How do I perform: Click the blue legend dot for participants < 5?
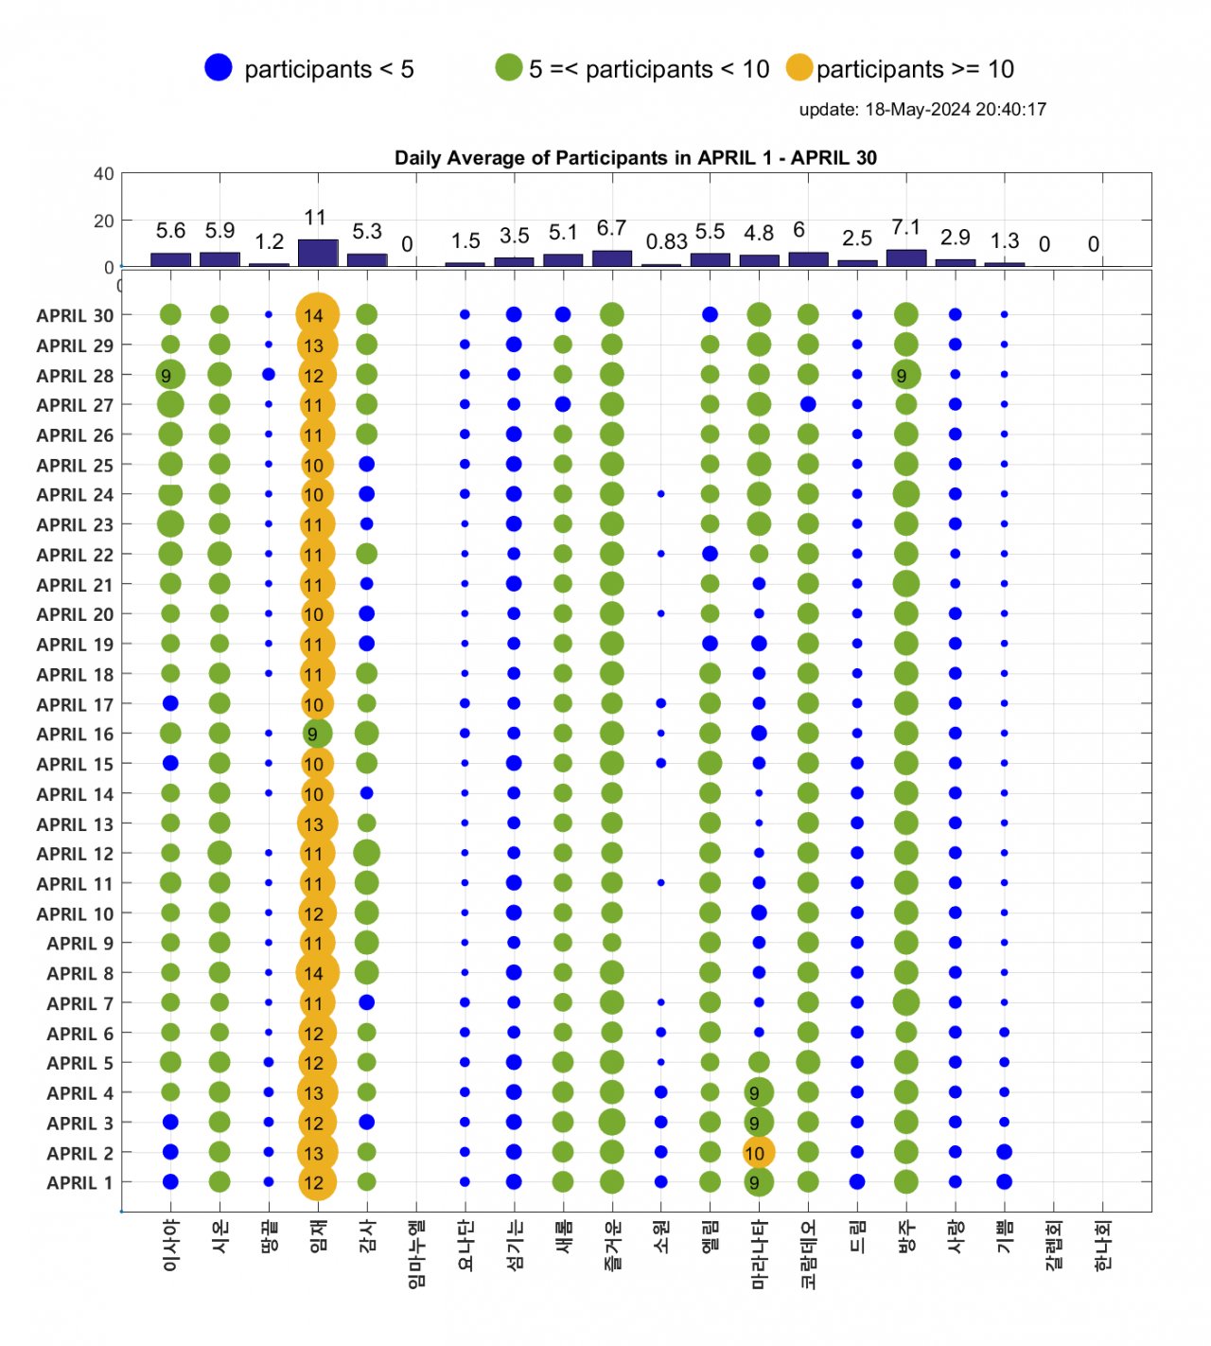[219, 68]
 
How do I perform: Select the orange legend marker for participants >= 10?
[799, 68]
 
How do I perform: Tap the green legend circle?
[509, 68]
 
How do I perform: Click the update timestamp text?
[922, 109]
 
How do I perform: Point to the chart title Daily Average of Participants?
[635, 158]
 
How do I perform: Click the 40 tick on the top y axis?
[104, 174]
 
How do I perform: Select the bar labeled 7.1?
[906, 257]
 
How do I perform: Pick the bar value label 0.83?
[666, 242]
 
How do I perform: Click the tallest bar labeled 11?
[318, 253]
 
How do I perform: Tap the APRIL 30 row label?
[75, 316]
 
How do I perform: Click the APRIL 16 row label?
[75, 735]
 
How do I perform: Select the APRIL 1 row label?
[79, 1183]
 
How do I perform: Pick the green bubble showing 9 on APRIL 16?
[316, 734]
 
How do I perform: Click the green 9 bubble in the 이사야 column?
[170, 376]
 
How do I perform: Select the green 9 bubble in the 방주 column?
[905, 376]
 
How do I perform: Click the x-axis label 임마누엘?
[416, 1253]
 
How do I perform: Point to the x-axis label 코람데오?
[808, 1253]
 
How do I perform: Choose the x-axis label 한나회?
[1102, 1244]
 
